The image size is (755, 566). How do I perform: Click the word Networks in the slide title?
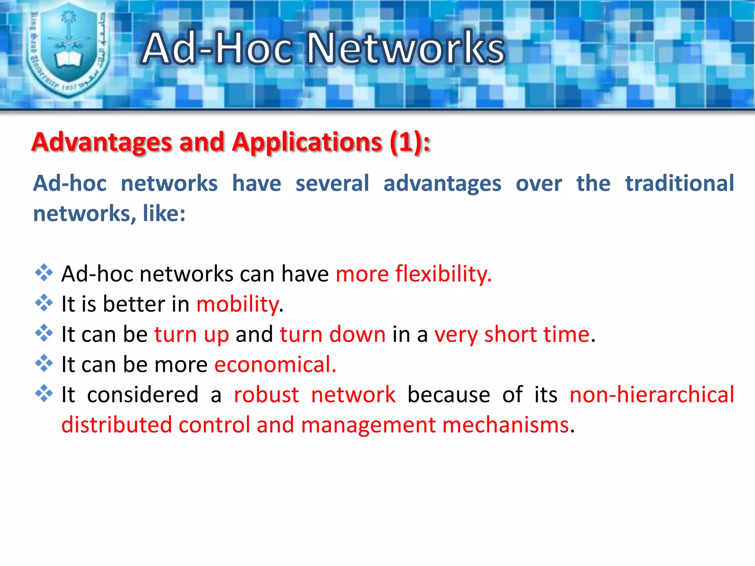tap(406, 48)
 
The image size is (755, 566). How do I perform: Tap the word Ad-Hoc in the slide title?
tap(218, 48)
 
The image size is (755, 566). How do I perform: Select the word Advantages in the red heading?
tap(101, 142)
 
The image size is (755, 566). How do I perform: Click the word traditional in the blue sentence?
tap(679, 183)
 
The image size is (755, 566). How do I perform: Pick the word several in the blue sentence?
tap(332, 183)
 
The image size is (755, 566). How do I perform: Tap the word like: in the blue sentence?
tap(164, 213)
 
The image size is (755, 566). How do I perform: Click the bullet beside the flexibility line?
tap(44, 273)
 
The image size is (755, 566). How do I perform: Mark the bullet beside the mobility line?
tap(44, 303)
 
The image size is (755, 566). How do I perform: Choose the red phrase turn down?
tap(333, 334)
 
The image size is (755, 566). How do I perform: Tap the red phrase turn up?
tap(191, 334)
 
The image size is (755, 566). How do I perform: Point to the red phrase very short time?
tap(512, 334)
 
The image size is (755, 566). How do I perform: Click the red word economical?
tap(275, 364)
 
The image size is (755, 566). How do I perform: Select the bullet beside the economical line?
tap(44, 364)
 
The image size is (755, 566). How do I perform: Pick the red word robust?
tap(266, 395)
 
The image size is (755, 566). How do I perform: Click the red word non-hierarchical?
tap(651, 395)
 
